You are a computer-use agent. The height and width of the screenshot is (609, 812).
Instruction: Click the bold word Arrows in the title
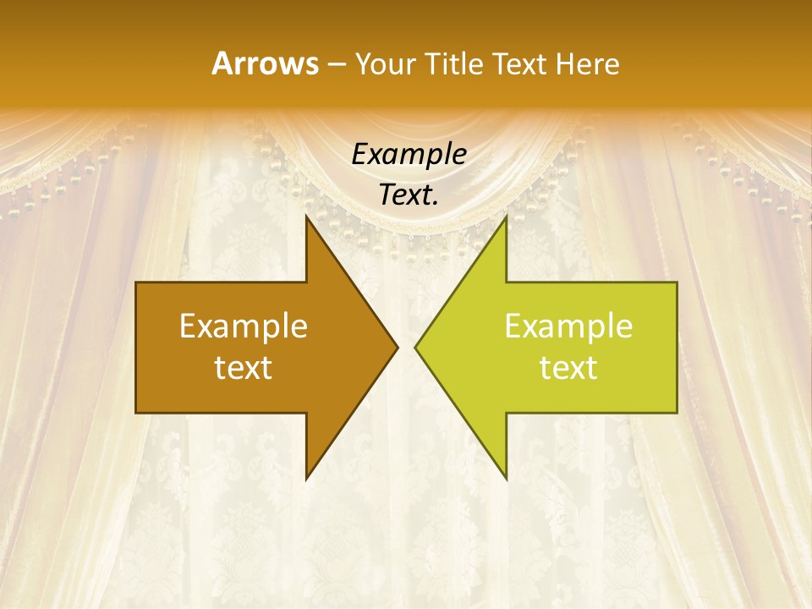pos(265,63)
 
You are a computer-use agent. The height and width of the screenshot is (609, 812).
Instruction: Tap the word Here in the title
pos(588,63)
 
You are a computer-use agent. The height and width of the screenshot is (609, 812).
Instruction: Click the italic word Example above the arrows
pos(409,154)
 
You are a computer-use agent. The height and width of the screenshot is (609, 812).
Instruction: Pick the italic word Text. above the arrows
pos(409,195)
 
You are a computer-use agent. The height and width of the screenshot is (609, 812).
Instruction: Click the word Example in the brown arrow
pos(244,326)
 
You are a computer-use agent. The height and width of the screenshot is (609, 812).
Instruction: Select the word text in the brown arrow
pos(244,367)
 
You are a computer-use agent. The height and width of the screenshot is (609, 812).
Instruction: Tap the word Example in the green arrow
pos(568,326)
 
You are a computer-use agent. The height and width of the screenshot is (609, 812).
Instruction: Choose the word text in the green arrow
pos(568,367)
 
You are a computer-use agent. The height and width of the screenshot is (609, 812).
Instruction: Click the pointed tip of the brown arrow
pos(397,347)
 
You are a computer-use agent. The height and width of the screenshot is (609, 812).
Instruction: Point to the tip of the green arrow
pos(415,347)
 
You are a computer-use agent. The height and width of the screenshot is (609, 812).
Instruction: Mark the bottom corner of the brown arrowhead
pos(306,478)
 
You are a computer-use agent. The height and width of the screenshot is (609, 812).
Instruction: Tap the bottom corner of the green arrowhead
pos(506,478)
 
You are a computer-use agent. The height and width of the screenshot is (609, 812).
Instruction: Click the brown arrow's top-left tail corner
pos(137,283)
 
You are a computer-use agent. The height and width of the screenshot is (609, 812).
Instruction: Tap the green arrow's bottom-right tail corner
pos(677,412)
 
